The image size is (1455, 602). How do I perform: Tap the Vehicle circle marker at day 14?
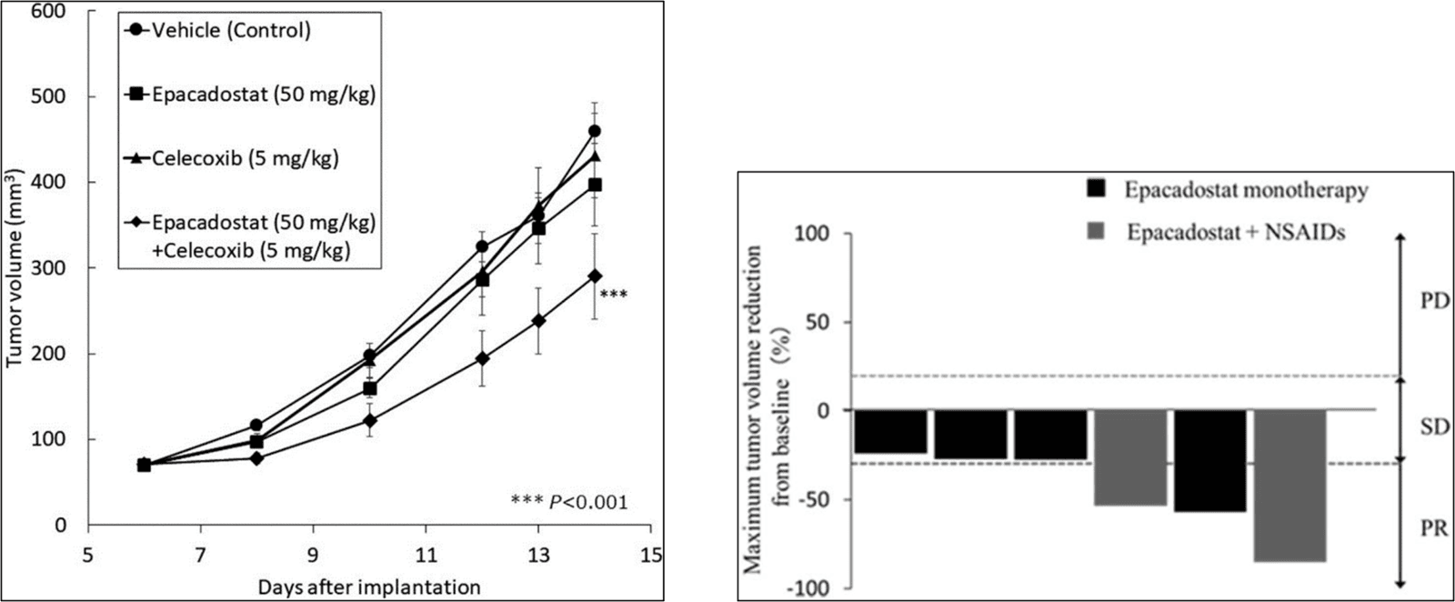[x=595, y=131]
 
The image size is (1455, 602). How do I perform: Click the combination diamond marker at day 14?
[x=595, y=276]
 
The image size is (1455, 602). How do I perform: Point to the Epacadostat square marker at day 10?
[x=369, y=389]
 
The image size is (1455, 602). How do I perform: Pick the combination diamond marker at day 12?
[x=482, y=358]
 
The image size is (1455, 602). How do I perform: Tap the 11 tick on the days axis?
[x=426, y=554]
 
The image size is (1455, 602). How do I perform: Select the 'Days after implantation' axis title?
[x=368, y=586]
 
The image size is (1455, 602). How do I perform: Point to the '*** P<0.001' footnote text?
[x=569, y=501]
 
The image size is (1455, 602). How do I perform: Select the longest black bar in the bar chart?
[x=1210, y=460]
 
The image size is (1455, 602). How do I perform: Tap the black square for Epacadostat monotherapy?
[x=1096, y=189]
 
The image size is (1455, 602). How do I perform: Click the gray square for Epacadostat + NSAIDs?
[x=1096, y=232]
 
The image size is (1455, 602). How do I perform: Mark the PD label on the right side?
[x=1432, y=300]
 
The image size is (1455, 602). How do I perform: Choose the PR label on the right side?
[x=1433, y=528]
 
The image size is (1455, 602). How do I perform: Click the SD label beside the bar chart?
[x=1434, y=426]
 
